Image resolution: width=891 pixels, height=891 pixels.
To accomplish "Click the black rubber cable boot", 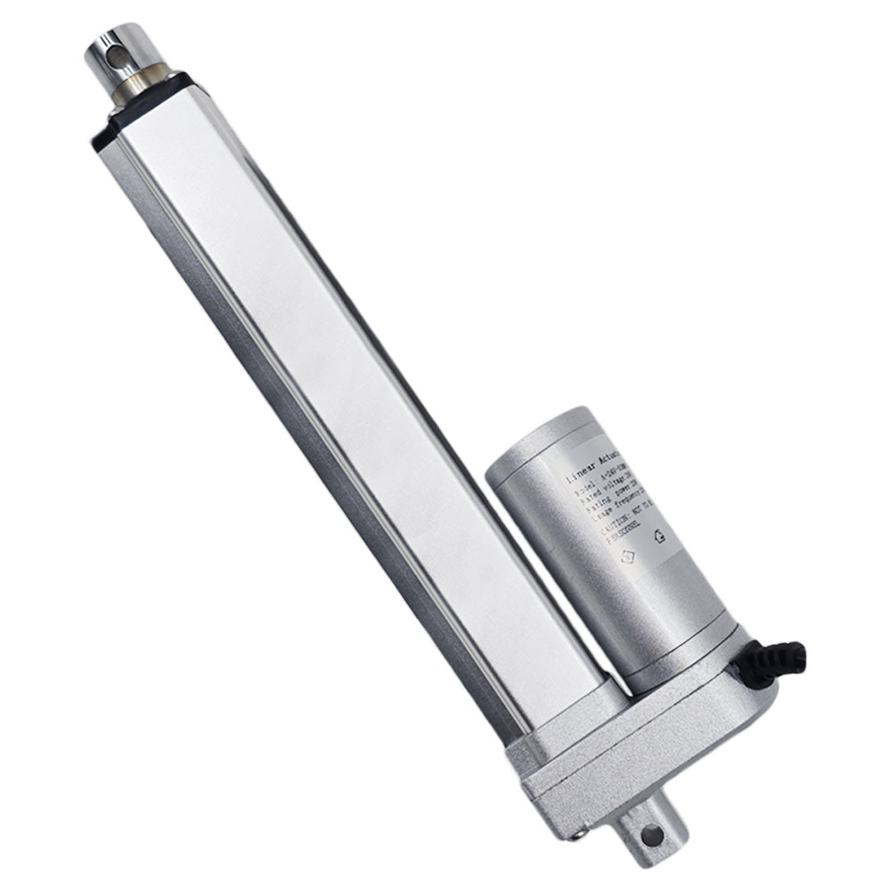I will [778, 660].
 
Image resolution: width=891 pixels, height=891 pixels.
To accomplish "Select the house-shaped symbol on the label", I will [660, 537].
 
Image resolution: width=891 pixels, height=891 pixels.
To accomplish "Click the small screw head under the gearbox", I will [581, 833].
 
